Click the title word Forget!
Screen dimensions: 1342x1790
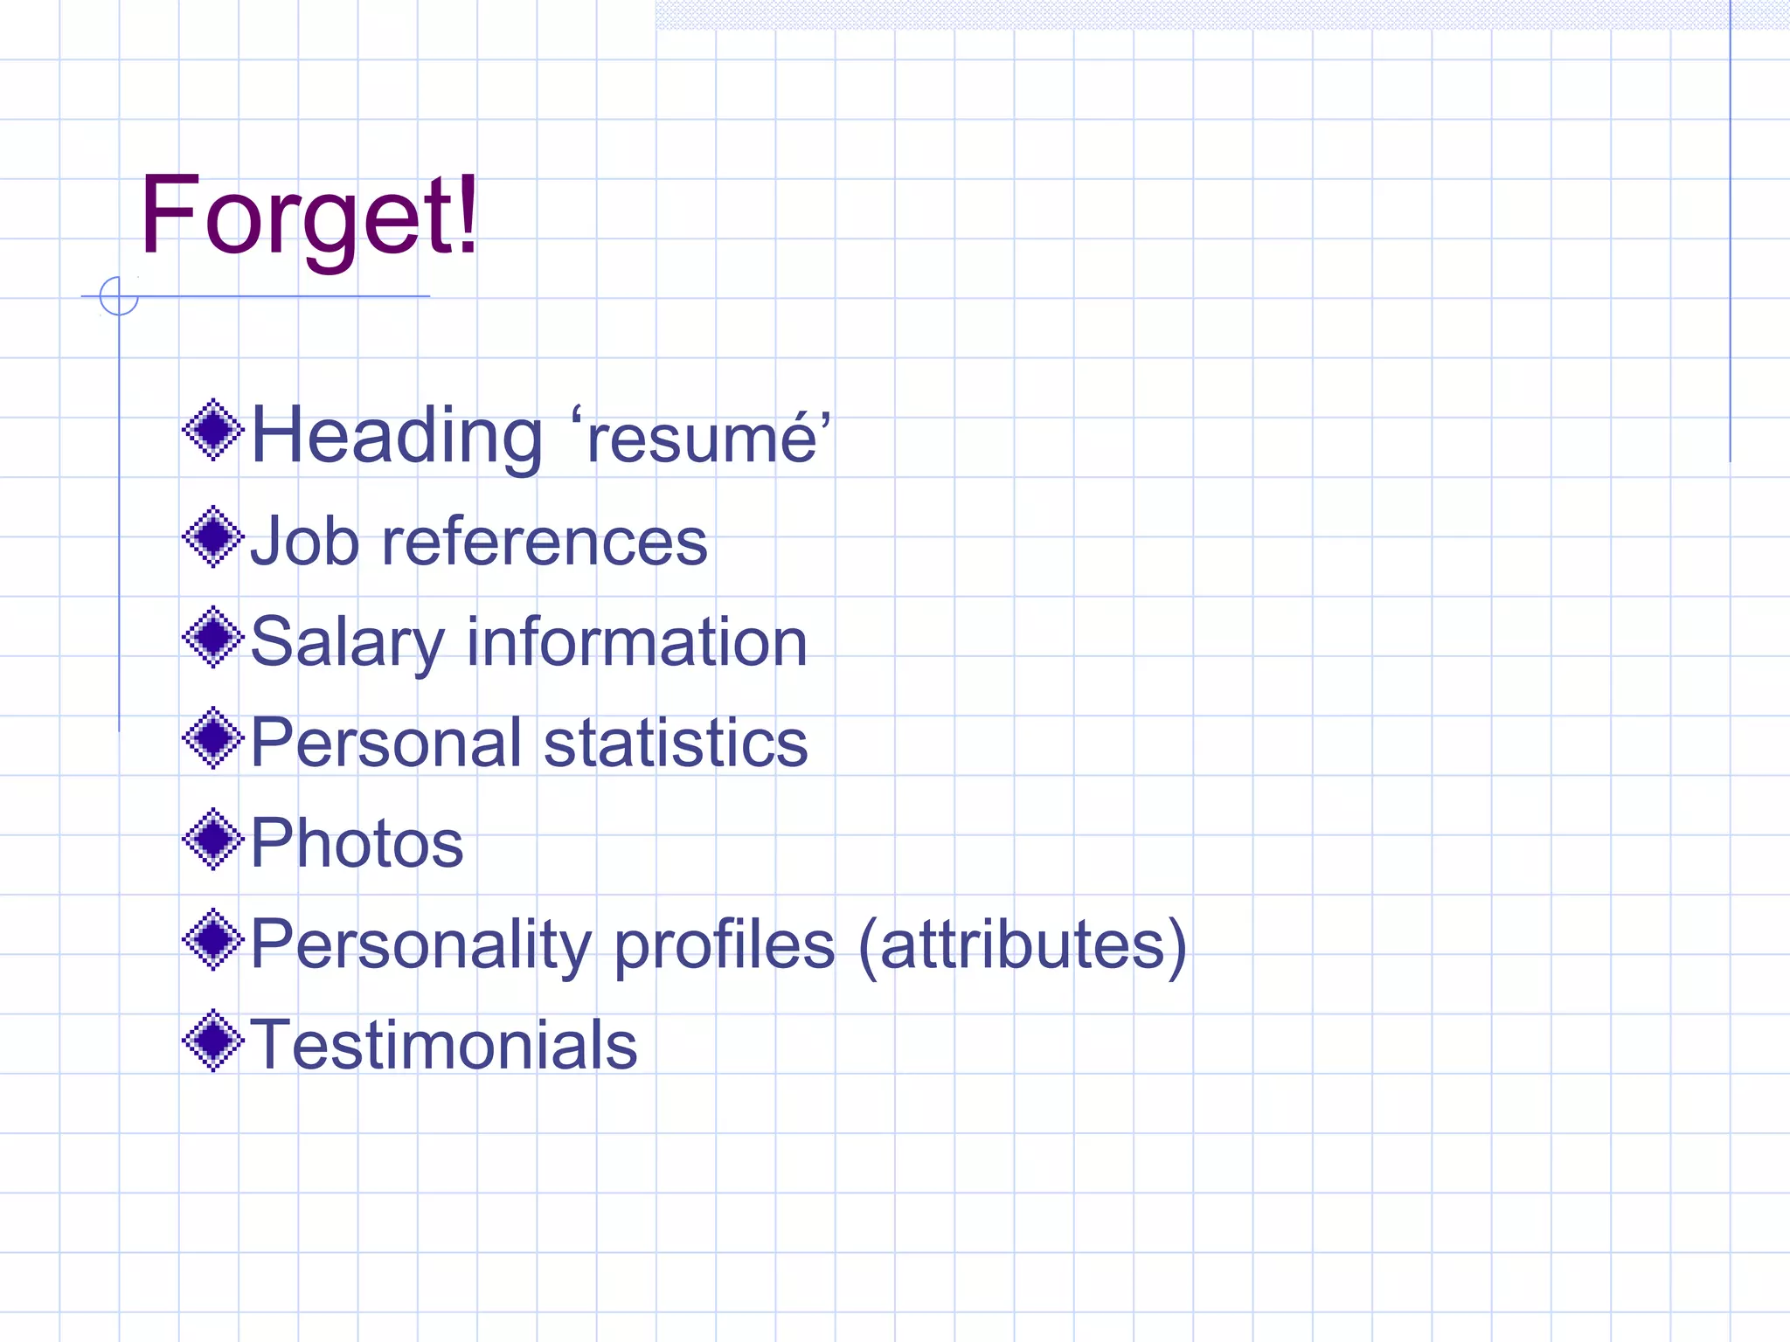click(309, 217)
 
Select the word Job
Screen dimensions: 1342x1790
click(304, 542)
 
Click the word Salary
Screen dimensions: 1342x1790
click(347, 643)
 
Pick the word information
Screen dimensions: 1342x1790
click(636, 642)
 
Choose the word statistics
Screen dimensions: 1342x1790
click(676, 743)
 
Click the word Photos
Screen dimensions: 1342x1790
click(357, 844)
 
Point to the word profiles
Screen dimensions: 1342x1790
click(725, 945)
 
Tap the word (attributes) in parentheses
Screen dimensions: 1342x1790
click(1023, 945)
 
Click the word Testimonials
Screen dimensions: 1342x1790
click(444, 1045)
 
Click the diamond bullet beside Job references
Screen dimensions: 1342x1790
click(212, 536)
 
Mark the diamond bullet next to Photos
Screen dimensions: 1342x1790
click(212, 840)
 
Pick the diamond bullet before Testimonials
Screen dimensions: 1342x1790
click(212, 1041)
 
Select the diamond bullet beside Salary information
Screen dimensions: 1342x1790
click(212, 637)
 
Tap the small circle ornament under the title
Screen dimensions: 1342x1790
click(119, 296)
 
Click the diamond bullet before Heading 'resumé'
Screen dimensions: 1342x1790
click(212, 430)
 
